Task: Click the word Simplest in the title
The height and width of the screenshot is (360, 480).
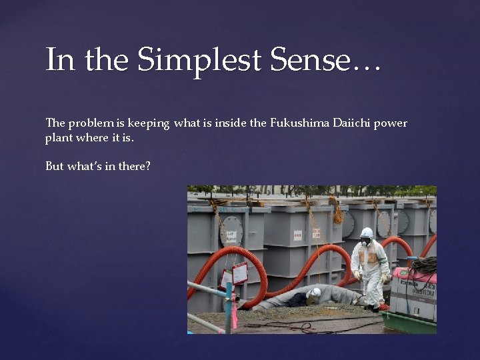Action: (199, 61)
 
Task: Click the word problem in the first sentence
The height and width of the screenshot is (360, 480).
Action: (92, 123)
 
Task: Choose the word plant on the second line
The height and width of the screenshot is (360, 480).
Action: (57, 138)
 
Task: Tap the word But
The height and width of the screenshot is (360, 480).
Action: (55, 166)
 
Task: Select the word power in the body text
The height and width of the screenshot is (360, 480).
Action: (392, 123)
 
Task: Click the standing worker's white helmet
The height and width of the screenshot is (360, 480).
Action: (367, 233)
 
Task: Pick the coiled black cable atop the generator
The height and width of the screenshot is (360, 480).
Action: (423, 265)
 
